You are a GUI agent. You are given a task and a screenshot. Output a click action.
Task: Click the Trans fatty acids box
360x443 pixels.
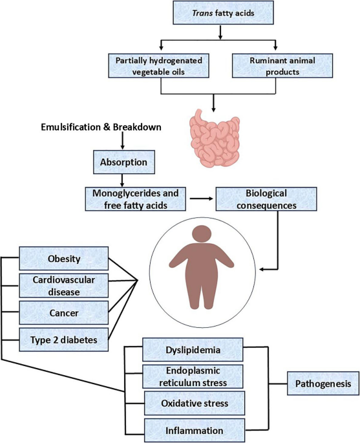click(223, 13)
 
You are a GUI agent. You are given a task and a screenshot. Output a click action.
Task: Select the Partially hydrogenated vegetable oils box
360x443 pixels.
click(159, 65)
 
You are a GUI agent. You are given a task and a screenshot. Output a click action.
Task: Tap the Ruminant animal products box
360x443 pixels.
click(282, 65)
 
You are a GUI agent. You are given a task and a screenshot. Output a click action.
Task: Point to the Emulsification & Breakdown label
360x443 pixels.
click(101, 127)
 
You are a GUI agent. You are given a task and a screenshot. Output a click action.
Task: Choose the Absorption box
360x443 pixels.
click(124, 162)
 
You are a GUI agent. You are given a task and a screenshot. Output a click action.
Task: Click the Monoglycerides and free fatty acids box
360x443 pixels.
click(136, 199)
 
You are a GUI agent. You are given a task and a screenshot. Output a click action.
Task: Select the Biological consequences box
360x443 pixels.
click(266, 199)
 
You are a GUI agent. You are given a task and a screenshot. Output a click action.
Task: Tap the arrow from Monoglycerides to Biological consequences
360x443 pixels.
click(201, 199)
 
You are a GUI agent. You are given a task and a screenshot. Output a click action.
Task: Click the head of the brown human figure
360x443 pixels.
click(201, 234)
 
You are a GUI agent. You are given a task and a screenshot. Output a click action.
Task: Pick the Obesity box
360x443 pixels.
click(64, 259)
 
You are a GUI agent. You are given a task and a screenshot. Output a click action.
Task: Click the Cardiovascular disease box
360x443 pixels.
click(64, 285)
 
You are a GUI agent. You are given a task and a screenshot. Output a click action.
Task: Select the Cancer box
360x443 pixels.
click(64, 312)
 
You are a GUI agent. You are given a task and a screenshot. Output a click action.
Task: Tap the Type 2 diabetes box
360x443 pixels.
click(64, 340)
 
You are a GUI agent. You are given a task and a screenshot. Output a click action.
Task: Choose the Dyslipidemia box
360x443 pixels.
click(193, 349)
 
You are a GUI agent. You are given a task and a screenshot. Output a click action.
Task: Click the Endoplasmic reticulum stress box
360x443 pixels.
click(193, 376)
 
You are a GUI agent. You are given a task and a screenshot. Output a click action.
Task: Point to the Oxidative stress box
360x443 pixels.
click(195, 403)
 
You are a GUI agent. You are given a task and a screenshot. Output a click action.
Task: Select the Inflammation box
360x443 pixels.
click(195, 430)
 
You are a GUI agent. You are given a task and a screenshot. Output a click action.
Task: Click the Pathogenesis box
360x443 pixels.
click(323, 384)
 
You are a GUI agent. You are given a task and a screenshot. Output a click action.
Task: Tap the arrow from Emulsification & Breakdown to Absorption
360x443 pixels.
click(122, 141)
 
